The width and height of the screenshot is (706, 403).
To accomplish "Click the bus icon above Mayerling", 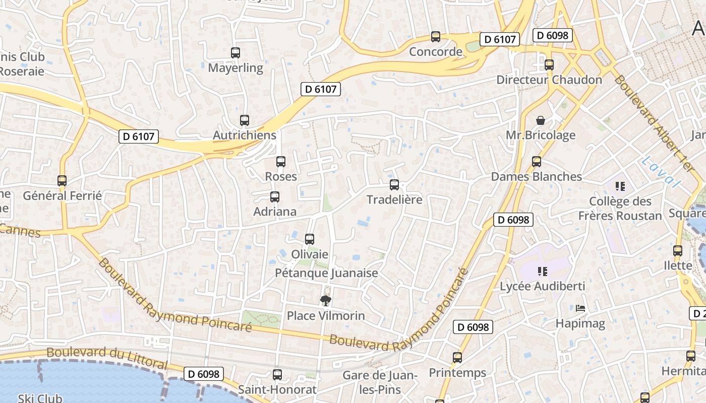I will (x=236, y=52).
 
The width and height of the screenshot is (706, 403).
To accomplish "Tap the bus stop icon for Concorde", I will (x=436, y=36).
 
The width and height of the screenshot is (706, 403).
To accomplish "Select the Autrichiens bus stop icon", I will (x=245, y=120).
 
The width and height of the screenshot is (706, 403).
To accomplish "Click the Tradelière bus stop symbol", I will (x=394, y=185).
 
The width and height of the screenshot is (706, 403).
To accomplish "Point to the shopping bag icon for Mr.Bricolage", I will (x=541, y=120).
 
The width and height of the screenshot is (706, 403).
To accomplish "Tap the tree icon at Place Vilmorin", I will (x=326, y=301).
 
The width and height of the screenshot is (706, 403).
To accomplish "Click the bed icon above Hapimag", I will (x=580, y=308).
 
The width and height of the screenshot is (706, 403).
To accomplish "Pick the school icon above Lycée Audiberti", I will (x=543, y=272).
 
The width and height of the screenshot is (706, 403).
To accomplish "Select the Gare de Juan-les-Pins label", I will (x=380, y=382).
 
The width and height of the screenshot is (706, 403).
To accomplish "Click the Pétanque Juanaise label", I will (x=326, y=273).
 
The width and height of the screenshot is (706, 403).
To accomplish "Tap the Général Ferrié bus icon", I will (x=62, y=181).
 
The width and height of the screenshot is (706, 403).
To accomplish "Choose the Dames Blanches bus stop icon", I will (x=537, y=162).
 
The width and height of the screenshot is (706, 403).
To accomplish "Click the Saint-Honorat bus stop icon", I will (x=277, y=375).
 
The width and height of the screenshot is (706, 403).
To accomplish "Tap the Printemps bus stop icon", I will (x=457, y=358).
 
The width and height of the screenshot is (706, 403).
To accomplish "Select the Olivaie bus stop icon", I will (x=310, y=239).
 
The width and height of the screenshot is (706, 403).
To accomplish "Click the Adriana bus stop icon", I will (x=275, y=197).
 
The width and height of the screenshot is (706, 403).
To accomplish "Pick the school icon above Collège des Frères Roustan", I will (x=620, y=186).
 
